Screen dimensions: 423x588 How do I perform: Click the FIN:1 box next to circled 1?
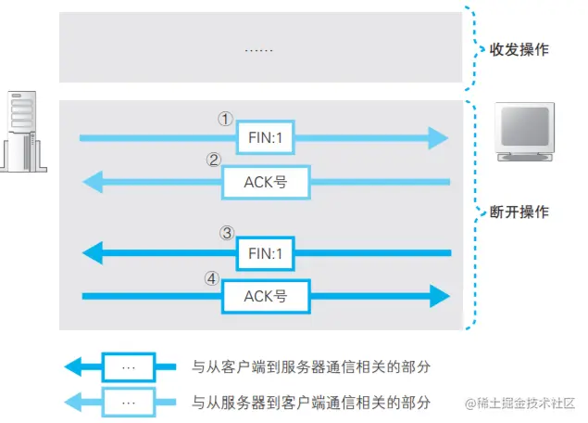point(266,137)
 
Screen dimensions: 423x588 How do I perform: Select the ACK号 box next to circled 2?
point(266,182)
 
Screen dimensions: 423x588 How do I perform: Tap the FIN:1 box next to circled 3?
point(266,252)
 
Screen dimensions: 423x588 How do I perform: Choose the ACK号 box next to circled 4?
point(266,297)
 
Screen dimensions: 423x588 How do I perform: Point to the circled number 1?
point(224,120)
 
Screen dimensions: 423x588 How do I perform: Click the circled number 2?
point(213,160)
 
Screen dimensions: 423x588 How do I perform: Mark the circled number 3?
point(225,233)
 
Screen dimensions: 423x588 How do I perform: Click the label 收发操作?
point(519,49)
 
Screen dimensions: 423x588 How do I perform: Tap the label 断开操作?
point(519,211)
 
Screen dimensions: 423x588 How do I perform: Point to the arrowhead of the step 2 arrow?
point(93,182)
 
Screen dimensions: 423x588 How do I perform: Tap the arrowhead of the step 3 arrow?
point(93,252)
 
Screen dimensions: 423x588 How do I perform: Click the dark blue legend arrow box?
point(129,366)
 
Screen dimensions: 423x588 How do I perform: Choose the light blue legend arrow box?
point(129,403)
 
